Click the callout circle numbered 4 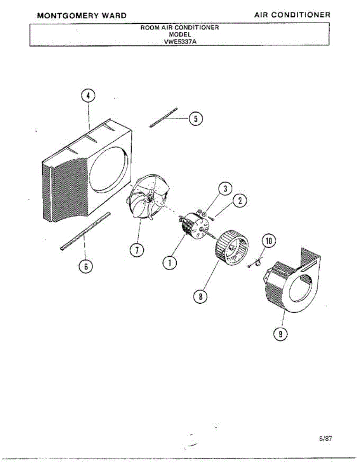click(x=89, y=96)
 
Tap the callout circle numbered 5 click(x=195, y=118)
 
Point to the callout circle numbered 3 click(x=224, y=189)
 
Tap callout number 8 click(x=200, y=297)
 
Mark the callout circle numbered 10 click(x=269, y=241)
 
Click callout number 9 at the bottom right click(x=281, y=333)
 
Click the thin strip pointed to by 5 click(x=163, y=117)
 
